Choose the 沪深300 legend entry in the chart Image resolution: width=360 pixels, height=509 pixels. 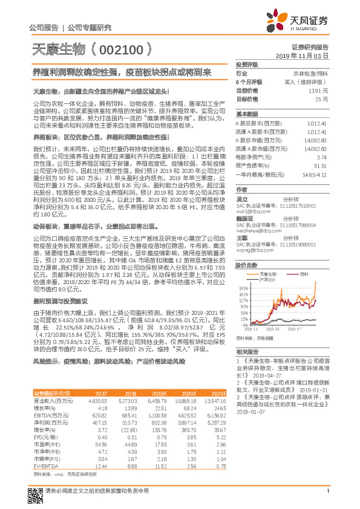[267, 280]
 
